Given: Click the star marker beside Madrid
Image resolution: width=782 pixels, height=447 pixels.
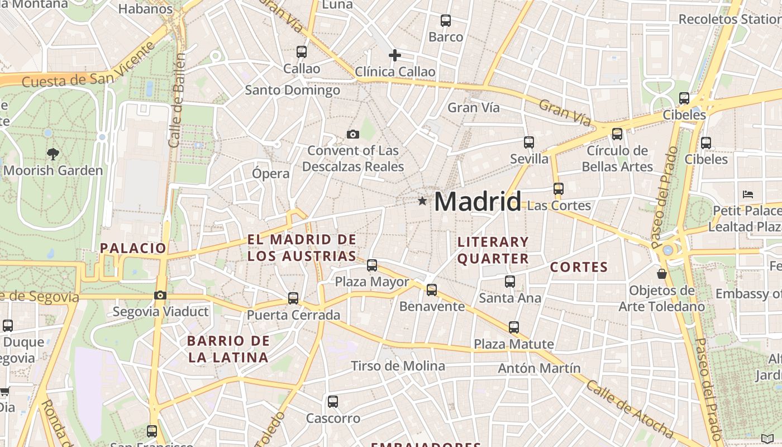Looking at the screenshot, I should [422, 201].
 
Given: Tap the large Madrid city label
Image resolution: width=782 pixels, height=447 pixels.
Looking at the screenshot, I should [478, 201].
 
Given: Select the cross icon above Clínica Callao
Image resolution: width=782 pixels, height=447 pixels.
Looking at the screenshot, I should [395, 55].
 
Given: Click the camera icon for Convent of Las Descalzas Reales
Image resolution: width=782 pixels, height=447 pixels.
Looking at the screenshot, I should [352, 134].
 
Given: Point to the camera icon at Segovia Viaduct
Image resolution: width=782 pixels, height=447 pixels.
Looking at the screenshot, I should [160, 295].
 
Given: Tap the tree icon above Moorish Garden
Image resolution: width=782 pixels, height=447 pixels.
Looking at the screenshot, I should [53, 154].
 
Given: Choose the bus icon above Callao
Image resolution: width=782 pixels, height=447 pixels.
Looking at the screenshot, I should [302, 52].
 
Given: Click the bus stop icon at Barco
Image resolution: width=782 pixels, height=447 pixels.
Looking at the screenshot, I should [446, 21].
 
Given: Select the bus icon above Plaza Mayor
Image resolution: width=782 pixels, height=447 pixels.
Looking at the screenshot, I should [372, 265].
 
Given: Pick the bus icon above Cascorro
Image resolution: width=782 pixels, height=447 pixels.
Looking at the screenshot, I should [333, 401].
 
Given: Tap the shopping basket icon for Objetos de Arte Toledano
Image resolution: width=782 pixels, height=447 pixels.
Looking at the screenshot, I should [662, 274].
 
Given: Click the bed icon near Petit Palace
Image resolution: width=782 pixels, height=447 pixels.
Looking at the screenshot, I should [748, 194].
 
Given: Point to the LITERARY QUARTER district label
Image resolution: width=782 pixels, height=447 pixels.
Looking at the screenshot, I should [493, 250].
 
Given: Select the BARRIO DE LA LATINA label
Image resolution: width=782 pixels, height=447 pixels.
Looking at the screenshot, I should [228, 349].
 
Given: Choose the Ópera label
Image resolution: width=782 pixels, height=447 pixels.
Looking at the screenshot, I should [271, 173].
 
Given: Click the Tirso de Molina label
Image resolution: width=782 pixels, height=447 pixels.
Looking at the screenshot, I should [398, 366].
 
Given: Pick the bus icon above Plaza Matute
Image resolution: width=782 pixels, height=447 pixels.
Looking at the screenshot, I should [514, 327].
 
